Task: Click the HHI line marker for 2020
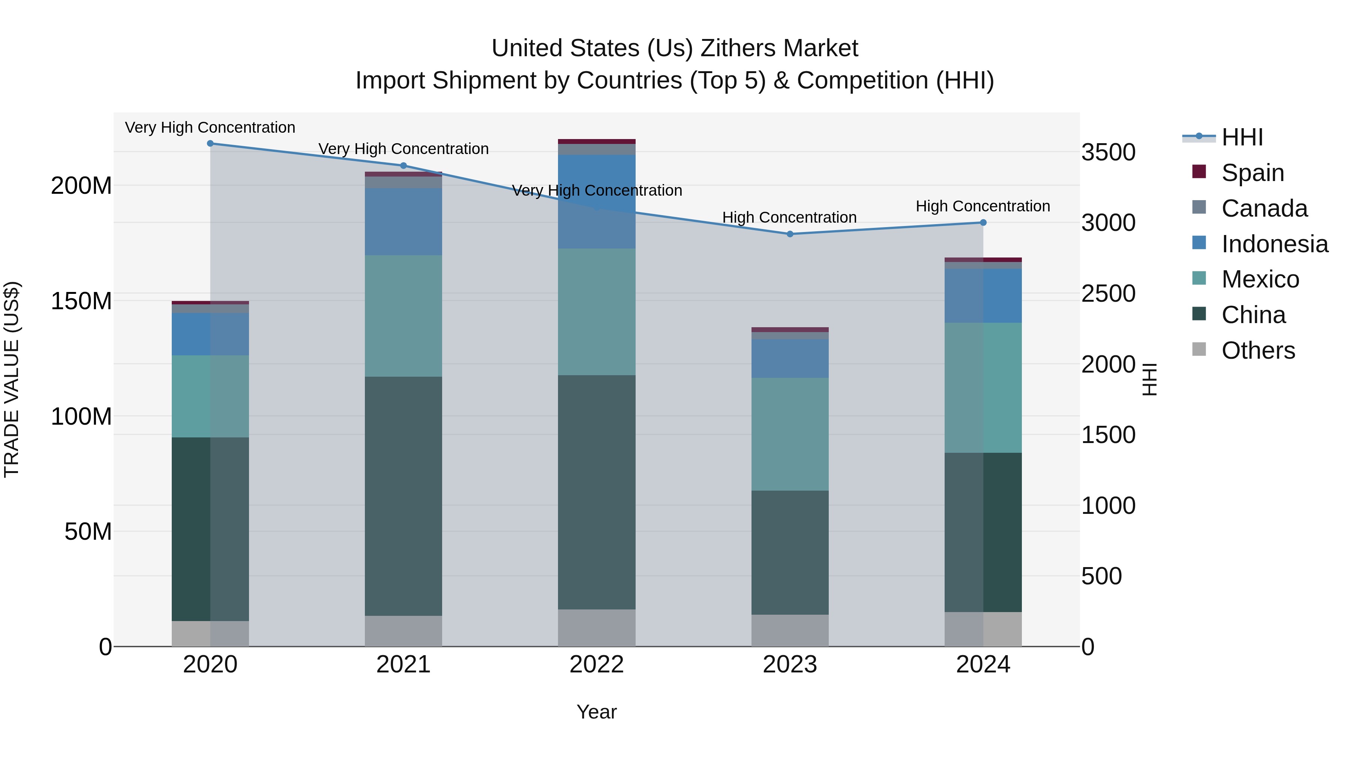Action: point(210,144)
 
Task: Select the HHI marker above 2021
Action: point(403,166)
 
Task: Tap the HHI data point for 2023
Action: point(790,234)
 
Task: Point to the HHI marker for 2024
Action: point(983,223)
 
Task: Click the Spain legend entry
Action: point(1252,173)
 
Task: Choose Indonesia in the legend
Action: point(1274,244)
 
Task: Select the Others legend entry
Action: point(1258,350)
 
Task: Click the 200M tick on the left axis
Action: point(81,186)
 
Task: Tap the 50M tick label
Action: point(88,531)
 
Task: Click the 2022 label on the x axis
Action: point(596,665)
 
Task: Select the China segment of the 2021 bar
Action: point(403,496)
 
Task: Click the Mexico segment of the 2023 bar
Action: point(790,434)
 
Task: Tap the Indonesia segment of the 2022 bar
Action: point(596,202)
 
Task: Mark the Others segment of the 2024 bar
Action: point(983,629)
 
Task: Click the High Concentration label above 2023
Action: point(789,217)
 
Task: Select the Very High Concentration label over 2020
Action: point(210,128)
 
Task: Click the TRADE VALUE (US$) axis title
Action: point(12,379)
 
